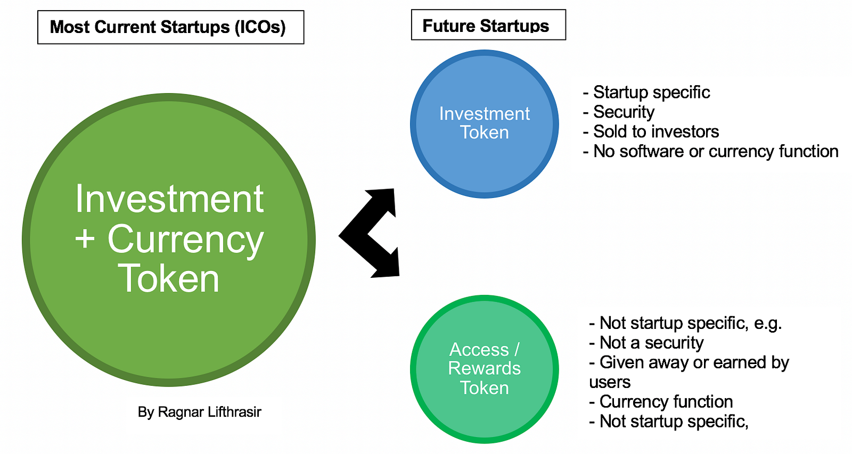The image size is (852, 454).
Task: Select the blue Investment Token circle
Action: pos(484,124)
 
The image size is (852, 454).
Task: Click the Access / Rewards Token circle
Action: pos(484,369)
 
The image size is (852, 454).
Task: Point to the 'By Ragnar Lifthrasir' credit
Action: pos(199,412)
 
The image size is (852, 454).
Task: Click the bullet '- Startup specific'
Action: pos(646,93)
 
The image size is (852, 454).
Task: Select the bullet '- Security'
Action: pos(618,112)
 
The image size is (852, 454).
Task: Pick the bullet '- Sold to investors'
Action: pos(651,131)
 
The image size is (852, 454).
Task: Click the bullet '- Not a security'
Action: pos(646,343)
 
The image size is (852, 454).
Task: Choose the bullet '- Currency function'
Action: pos(661,401)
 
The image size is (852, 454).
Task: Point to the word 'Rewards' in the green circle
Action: pos(484,368)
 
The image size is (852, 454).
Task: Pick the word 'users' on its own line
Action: pos(610,382)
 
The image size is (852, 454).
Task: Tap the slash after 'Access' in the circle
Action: pos(517,350)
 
